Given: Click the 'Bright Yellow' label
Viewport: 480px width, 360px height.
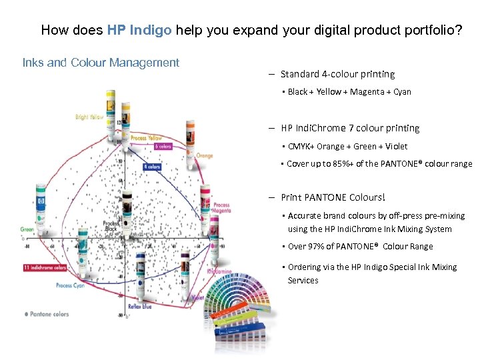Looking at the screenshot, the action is click(x=90, y=117).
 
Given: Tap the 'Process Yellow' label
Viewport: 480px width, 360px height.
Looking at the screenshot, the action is click(x=146, y=138).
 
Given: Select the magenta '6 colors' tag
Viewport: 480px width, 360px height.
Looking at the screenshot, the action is click(x=163, y=147).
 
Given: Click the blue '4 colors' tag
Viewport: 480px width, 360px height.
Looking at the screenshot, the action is click(x=151, y=167).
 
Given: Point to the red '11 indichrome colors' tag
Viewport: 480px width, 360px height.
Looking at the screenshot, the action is click(x=45, y=267).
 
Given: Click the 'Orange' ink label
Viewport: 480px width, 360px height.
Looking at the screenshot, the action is click(x=205, y=156).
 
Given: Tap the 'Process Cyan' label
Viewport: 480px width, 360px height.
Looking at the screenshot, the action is click(x=70, y=285).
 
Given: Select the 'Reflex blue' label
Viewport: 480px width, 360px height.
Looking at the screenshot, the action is click(x=139, y=306).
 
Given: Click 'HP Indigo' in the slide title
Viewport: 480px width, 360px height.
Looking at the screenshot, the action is click(x=139, y=30).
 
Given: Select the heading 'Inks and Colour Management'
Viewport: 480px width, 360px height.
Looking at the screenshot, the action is click(x=101, y=63).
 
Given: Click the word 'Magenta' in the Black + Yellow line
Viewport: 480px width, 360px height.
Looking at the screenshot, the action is click(x=363, y=92).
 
